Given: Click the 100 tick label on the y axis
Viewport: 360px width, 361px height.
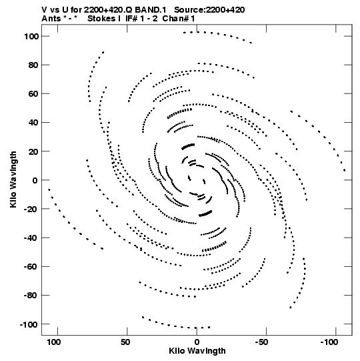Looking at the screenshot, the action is (31, 37).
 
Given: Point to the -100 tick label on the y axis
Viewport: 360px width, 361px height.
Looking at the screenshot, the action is (29, 325).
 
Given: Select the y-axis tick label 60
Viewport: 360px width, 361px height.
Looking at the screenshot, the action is (33, 94).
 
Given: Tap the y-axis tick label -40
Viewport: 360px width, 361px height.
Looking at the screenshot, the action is (31, 238).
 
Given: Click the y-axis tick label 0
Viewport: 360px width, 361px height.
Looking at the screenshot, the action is (35, 180).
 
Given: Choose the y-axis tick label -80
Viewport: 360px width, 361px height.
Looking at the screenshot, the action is (31, 296).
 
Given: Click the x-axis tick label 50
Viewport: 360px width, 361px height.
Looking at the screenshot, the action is (125, 342).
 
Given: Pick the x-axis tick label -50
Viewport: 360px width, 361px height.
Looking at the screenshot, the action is (261, 342).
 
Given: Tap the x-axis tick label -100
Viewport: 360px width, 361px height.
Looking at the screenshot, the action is (329, 342).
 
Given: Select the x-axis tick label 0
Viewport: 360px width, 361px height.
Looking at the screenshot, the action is (197, 342).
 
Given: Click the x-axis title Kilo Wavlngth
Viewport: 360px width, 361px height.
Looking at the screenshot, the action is (197, 351).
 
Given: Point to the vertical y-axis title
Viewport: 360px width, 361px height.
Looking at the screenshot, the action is (13, 179).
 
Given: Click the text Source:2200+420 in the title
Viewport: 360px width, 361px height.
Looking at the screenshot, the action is (209, 10).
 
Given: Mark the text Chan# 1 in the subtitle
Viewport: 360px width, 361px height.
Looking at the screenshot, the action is (179, 19).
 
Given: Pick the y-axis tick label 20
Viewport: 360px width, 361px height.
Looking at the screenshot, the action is (33, 151).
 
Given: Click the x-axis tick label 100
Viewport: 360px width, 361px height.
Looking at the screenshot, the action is (53, 342).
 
